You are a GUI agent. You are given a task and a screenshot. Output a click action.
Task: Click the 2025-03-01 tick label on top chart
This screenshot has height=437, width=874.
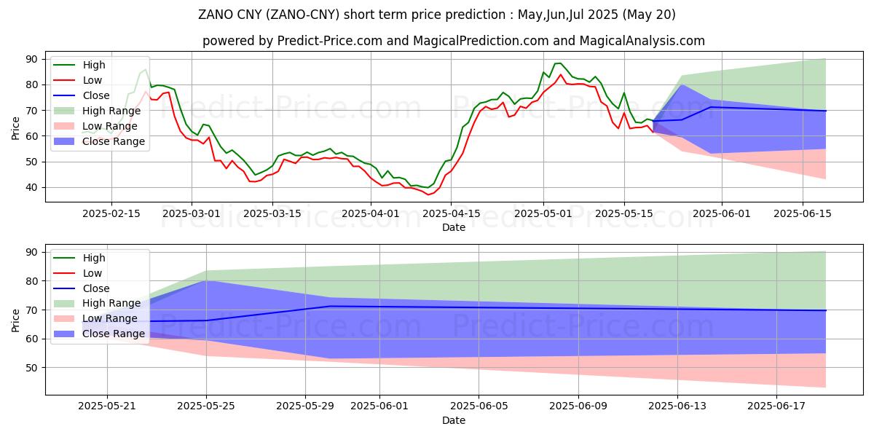(192, 213)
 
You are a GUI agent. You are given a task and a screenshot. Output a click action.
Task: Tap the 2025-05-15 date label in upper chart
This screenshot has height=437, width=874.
(624, 213)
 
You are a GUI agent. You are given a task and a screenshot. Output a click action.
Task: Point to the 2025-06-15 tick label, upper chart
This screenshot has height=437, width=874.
(803, 213)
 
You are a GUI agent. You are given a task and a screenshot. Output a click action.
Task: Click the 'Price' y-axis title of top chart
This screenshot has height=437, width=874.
(16, 127)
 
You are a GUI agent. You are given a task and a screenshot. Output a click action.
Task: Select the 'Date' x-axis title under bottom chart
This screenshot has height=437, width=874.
(453, 420)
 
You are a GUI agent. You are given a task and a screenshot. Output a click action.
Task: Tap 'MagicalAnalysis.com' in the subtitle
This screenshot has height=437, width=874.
(647, 41)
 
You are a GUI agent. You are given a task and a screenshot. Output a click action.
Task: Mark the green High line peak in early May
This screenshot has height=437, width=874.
(558, 63)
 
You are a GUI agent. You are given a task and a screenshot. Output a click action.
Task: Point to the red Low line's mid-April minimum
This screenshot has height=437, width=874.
(428, 195)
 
